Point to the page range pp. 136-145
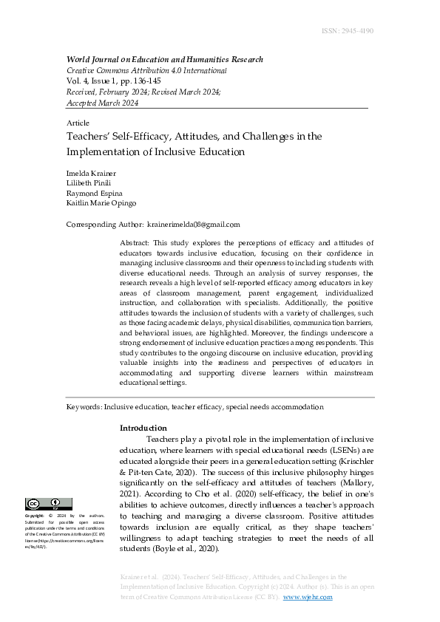[x=135, y=81]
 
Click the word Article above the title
[x=78, y=123]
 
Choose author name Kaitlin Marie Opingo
[x=101, y=203]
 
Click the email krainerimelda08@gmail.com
[x=194, y=225]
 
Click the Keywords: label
[x=84, y=407]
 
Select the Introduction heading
[x=143, y=428]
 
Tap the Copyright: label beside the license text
[x=35, y=516]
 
